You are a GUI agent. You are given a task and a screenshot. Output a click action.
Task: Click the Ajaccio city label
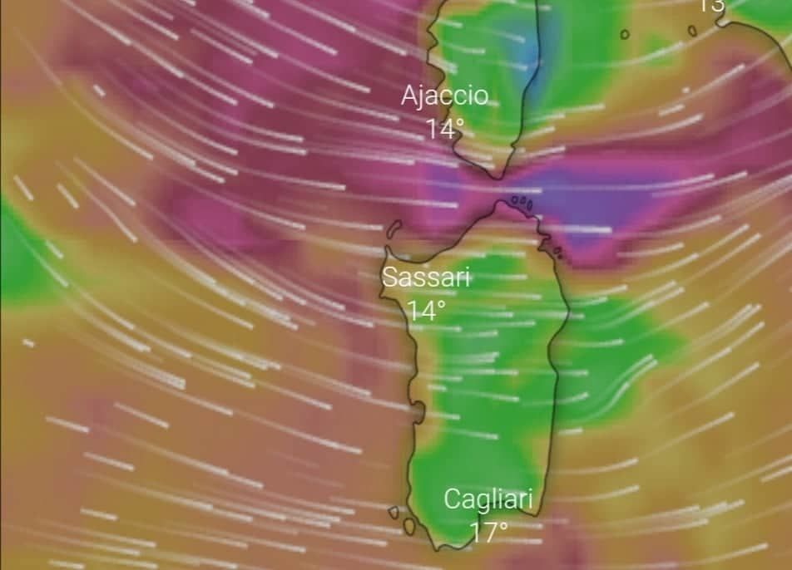444,95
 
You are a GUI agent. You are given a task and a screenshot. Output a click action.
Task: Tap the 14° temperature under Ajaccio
445,128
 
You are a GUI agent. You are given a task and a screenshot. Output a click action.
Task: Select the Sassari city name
426,278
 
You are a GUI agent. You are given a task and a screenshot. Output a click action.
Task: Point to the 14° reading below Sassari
426,311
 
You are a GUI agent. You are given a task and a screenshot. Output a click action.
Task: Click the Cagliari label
488,499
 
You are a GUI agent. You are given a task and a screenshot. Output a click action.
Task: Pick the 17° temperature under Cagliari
488,532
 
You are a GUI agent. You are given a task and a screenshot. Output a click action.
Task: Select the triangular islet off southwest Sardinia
394,513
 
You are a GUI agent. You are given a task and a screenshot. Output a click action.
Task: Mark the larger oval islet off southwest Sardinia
409,525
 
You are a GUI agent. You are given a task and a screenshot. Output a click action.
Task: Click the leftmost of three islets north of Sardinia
514,199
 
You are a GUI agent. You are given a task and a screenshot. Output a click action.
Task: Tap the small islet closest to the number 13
691,31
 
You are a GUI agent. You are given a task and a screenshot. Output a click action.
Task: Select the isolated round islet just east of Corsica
624,34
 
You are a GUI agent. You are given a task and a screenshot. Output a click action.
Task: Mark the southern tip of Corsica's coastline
497,176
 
